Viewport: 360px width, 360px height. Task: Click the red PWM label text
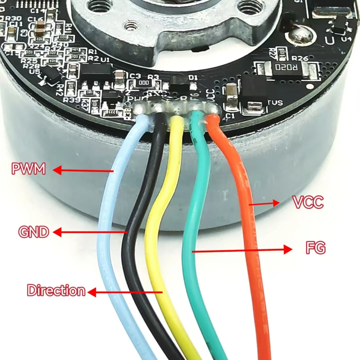coord(28,169)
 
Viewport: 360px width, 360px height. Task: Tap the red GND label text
coord(34,232)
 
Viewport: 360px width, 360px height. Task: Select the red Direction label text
coord(56,291)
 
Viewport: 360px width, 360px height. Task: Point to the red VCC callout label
coord(308,202)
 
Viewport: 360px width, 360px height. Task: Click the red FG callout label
coord(315,248)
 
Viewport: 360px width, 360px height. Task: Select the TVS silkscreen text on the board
coord(275,103)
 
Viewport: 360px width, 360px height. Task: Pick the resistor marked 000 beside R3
coord(144,83)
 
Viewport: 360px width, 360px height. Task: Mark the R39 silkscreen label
coord(71,99)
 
